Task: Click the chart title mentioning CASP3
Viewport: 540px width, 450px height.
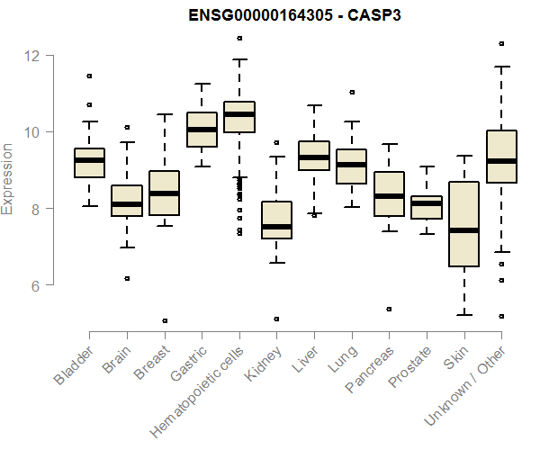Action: click(x=293, y=16)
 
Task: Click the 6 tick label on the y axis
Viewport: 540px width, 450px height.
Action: click(x=32, y=285)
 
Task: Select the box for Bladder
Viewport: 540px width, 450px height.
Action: click(x=89, y=163)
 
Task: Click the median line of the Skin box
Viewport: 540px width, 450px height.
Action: click(x=463, y=229)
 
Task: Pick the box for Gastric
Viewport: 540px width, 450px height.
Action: click(x=202, y=130)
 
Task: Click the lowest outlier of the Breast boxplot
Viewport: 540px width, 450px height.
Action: click(x=164, y=320)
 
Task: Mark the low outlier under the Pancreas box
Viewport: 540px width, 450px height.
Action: click(x=389, y=309)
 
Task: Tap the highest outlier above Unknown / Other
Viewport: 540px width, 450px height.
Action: click(x=501, y=43)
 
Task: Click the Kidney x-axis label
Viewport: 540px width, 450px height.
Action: click(x=263, y=364)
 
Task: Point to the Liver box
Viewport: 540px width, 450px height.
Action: click(x=314, y=156)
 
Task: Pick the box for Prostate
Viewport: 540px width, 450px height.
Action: click(x=427, y=208)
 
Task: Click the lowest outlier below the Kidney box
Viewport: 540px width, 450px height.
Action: click(x=276, y=319)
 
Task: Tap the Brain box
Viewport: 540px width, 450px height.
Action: click(x=127, y=201)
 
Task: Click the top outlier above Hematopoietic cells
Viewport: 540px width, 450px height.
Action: click(x=238, y=38)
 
